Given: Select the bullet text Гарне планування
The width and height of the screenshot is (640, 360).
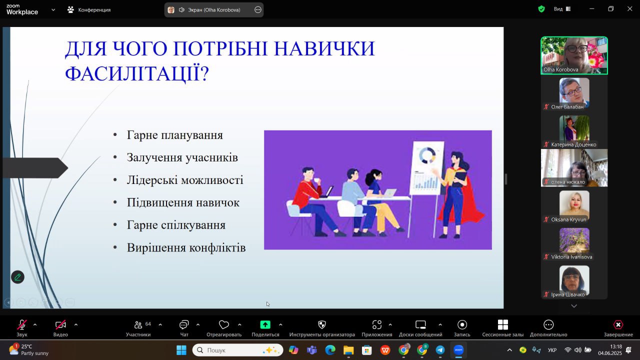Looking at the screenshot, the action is [x=174, y=135].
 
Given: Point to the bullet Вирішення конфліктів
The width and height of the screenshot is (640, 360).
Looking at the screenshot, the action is [x=186, y=247].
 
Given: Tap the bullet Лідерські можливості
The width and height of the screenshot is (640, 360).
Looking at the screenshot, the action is [x=185, y=180].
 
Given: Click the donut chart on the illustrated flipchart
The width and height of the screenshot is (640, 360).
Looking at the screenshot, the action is [x=427, y=155].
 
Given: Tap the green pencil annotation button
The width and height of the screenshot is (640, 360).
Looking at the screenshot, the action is [x=17, y=277].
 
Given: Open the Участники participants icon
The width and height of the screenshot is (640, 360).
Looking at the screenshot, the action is [x=138, y=324].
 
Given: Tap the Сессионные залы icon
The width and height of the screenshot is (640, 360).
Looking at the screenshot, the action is [x=503, y=324].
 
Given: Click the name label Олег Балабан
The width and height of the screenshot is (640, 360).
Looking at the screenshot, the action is [x=567, y=107].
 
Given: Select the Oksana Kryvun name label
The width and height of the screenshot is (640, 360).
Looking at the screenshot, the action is [x=568, y=219].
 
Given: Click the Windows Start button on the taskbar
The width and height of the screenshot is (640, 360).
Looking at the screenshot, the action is [x=181, y=350].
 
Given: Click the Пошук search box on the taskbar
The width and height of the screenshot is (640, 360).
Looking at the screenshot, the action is [x=237, y=350].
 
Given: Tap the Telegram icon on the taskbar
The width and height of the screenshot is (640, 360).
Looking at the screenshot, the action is [x=440, y=350].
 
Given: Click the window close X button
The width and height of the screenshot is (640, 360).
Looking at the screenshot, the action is [x=629, y=9].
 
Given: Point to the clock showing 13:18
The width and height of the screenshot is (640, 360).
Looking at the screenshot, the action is [x=615, y=346].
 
